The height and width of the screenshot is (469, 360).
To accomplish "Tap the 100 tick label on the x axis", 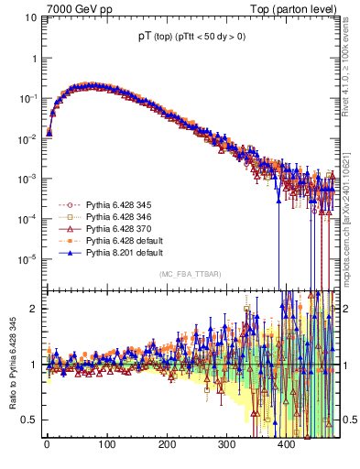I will coord(106,443).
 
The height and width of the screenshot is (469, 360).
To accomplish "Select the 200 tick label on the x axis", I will coord(167,443).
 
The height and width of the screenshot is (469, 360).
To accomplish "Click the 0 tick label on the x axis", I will coord(47,443).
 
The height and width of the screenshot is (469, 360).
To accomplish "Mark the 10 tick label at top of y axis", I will coord(30,17).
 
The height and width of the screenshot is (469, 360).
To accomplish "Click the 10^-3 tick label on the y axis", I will coord(27,178).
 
